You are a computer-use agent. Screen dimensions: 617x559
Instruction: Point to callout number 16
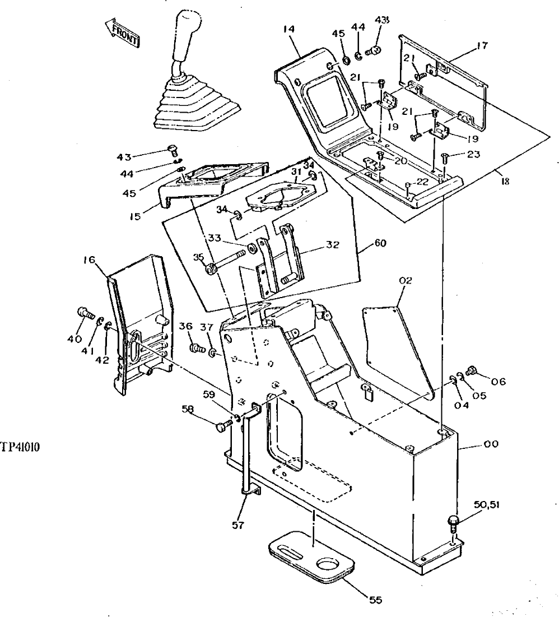[90, 259]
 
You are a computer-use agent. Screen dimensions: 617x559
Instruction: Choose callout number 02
[406, 280]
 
